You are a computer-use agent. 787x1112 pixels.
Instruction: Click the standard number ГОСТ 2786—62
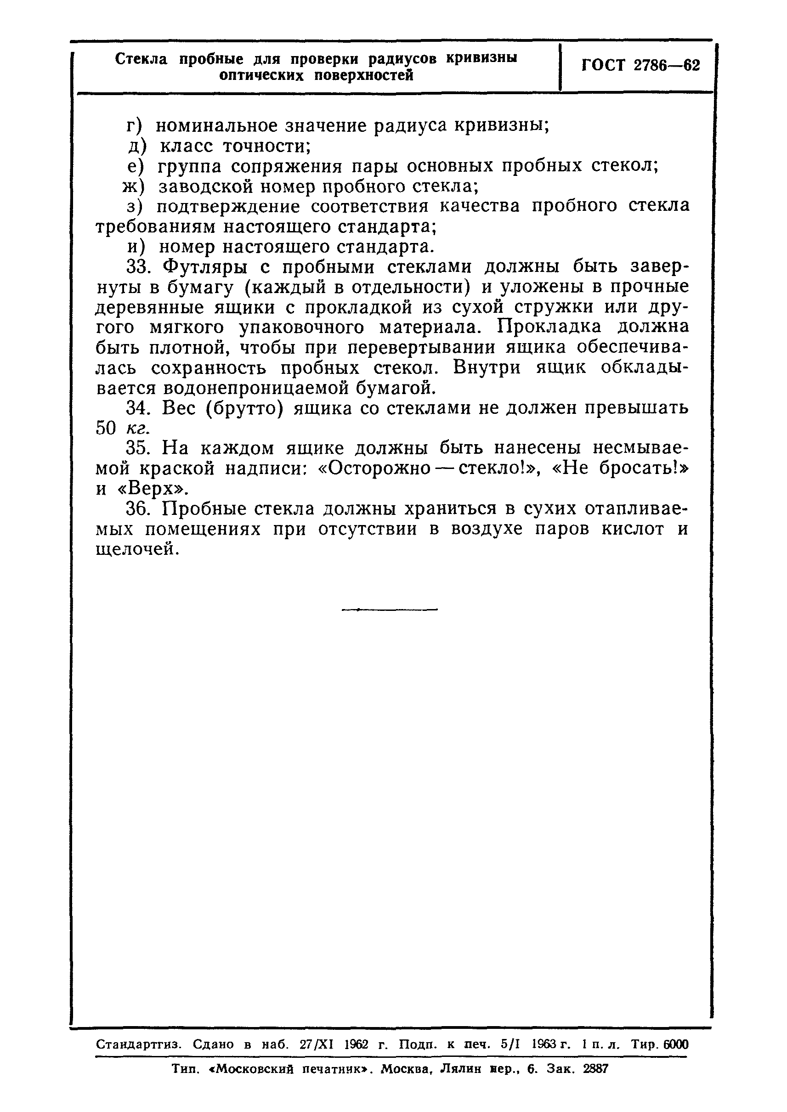coord(640,65)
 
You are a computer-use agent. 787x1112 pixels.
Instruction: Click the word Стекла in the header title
coord(142,59)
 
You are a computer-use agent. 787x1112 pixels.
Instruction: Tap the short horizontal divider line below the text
coord(390,610)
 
